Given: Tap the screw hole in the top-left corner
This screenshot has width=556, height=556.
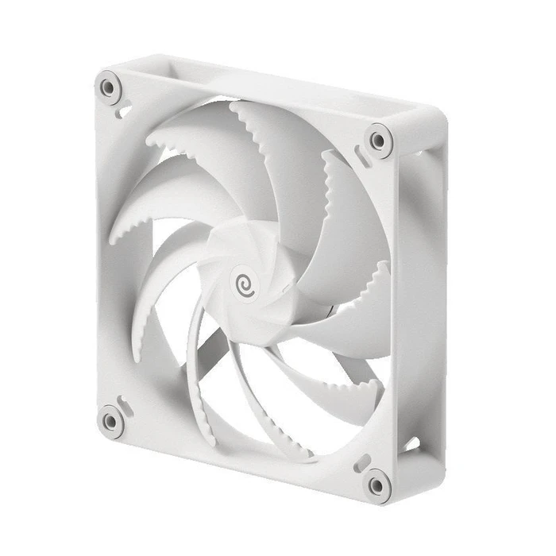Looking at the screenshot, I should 107,85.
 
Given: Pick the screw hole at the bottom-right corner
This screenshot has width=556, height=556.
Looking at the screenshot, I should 377,482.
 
